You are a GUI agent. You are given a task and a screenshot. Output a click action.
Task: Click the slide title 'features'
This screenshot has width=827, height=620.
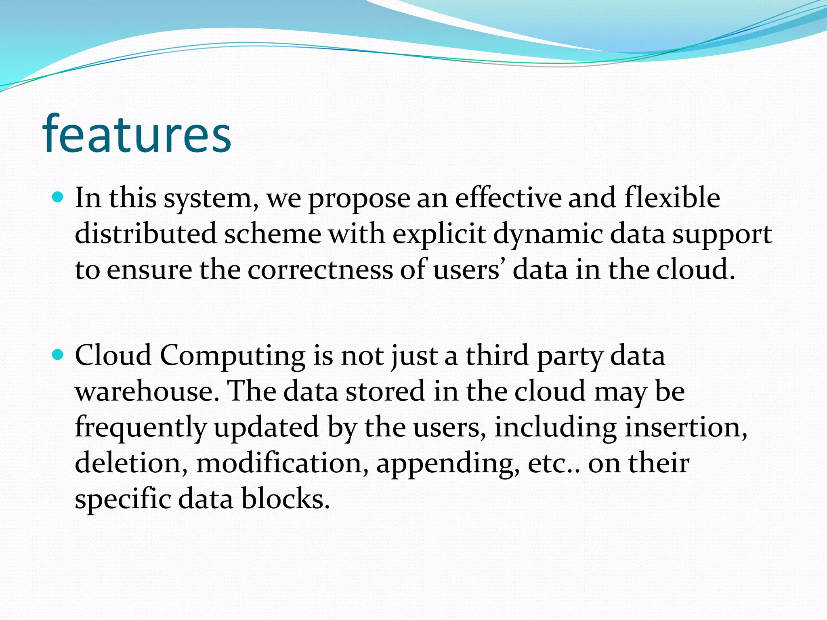pos(136,134)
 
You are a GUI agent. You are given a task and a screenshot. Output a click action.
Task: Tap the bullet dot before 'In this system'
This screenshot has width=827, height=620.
pos(59,197)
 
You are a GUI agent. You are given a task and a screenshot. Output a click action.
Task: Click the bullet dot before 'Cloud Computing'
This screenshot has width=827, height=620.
pos(59,355)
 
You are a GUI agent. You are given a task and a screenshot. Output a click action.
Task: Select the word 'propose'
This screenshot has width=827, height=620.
pos(359,199)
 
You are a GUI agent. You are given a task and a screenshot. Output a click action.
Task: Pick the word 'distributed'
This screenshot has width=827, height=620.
pos(146,234)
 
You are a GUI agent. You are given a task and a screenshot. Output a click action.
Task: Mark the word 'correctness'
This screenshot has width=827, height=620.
pos(320,270)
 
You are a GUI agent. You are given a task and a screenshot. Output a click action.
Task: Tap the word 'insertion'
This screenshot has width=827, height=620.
pos(682,427)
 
